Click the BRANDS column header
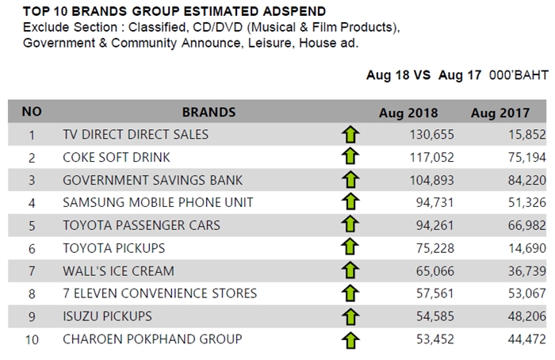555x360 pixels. (x=209, y=113)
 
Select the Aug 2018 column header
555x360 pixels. (x=408, y=113)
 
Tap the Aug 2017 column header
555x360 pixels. (x=500, y=113)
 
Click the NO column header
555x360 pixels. (x=32, y=112)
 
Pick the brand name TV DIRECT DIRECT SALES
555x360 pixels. (x=136, y=135)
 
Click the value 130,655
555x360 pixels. (x=432, y=135)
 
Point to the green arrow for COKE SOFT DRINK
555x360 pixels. (x=350, y=156)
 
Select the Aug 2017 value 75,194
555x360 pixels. (x=527, y=157)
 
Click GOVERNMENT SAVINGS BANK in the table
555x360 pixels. (x=152, y=180)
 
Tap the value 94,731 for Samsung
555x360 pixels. (x=435, y=202)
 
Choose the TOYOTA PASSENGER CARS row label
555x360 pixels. (x=142, y=225)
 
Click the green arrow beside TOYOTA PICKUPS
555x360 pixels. (x=350, y=247)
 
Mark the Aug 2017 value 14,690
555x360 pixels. (x=527, y=248)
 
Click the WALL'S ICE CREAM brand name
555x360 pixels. (x=119, y=271)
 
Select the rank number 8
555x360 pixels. (x=32, y=294)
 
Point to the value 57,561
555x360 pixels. (x=435, y=293)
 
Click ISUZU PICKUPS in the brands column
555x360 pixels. (x=107, y=316)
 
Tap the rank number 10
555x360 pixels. (x=32, y=340)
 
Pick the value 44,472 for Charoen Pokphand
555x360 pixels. (x=527, y=339)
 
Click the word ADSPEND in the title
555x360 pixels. (x=294, y=11)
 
